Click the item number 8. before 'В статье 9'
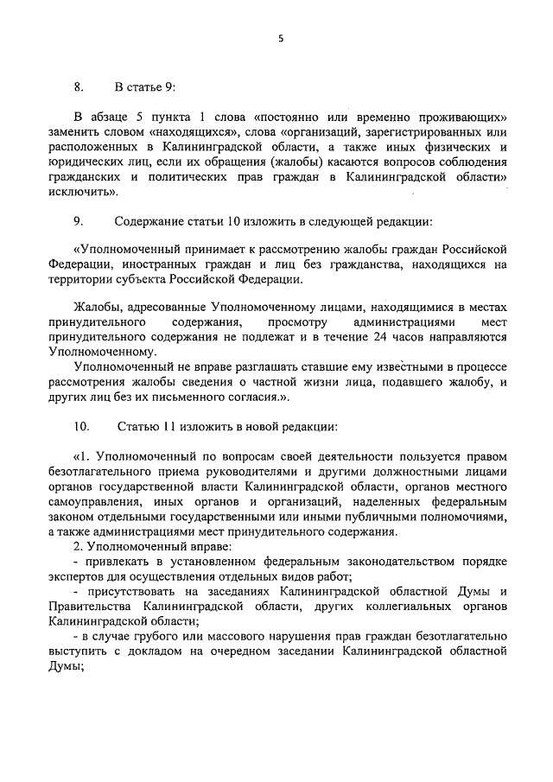79,87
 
